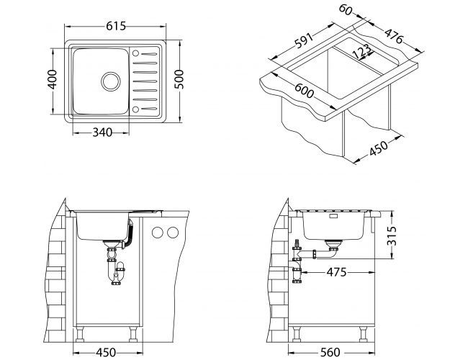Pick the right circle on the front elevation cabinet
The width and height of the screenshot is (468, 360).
[174, 233]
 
